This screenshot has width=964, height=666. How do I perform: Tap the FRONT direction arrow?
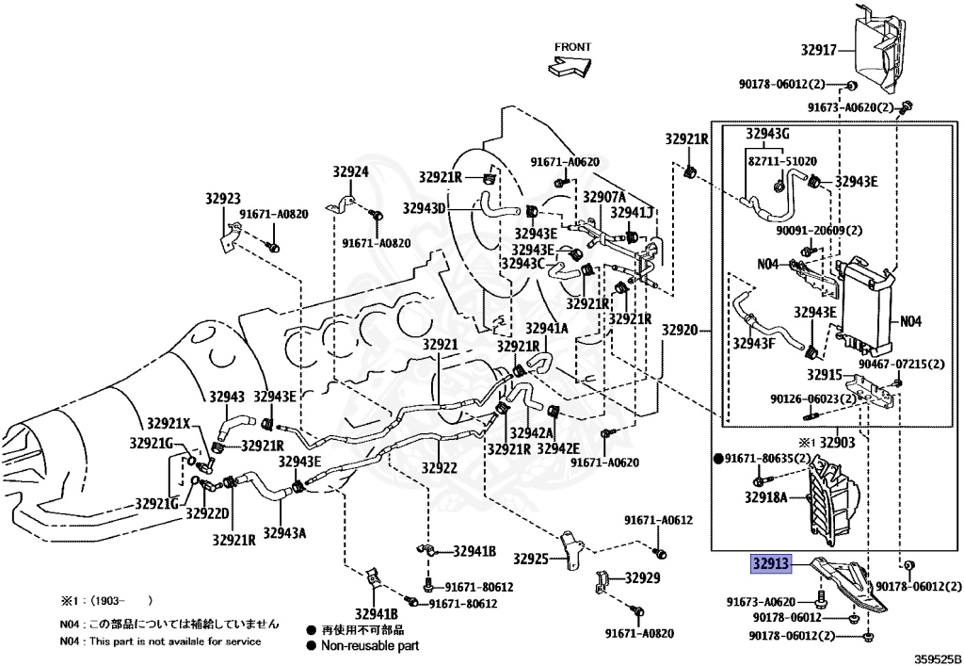tap(570, 65)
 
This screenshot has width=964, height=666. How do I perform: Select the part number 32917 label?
tap(819, 50)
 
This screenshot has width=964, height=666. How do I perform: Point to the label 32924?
tap(350, 172)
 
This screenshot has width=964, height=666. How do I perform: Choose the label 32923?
tap(223, 199)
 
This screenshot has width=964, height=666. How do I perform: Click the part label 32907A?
tap(603, 197)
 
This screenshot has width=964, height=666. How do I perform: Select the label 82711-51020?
tap(781, 161)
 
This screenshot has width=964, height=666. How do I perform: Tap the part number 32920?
tap(679, 330)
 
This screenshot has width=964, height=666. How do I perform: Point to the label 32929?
tap(643, 577)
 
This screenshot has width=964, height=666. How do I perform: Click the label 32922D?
tap(206, 513)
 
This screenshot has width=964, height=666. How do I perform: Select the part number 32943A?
tap(284, 533)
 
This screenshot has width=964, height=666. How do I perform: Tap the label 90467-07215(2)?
tap(893, 364)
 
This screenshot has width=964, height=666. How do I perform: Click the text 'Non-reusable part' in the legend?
tap(370, 645)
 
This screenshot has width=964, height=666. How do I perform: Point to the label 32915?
tap(811, 375)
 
